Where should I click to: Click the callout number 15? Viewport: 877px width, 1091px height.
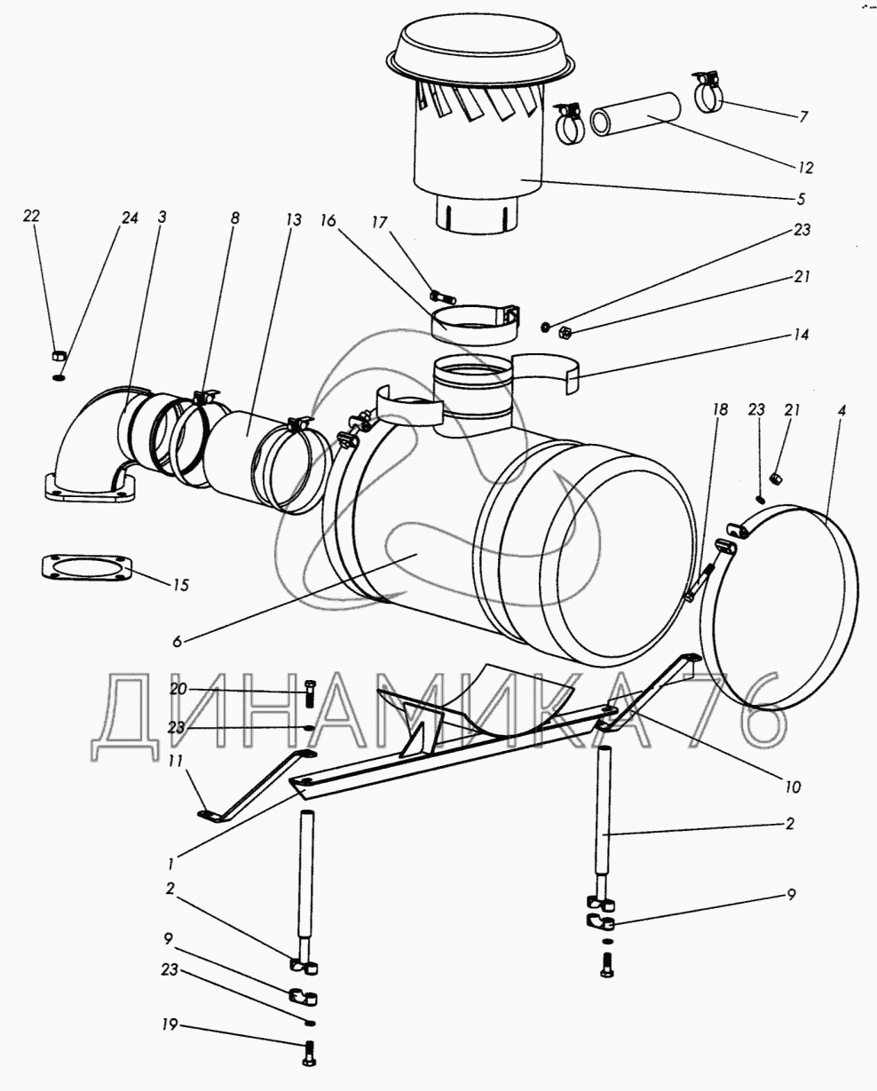tap(180, 586)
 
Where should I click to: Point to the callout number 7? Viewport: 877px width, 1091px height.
tap(803, 116)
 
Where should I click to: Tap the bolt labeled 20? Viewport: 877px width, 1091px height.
tap(310, 691)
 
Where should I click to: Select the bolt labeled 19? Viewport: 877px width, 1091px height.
tap(310, 1053)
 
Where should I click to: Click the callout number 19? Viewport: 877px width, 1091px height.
tap(168, 1026)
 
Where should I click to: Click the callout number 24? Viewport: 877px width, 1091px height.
tap(130, 217)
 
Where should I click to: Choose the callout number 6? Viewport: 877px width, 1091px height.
tap(176, 640)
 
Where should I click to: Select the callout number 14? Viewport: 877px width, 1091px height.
tap(802, 336)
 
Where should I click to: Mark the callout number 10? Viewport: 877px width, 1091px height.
tap(792, 787)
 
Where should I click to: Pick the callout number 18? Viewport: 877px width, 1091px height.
tap(719, 409)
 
